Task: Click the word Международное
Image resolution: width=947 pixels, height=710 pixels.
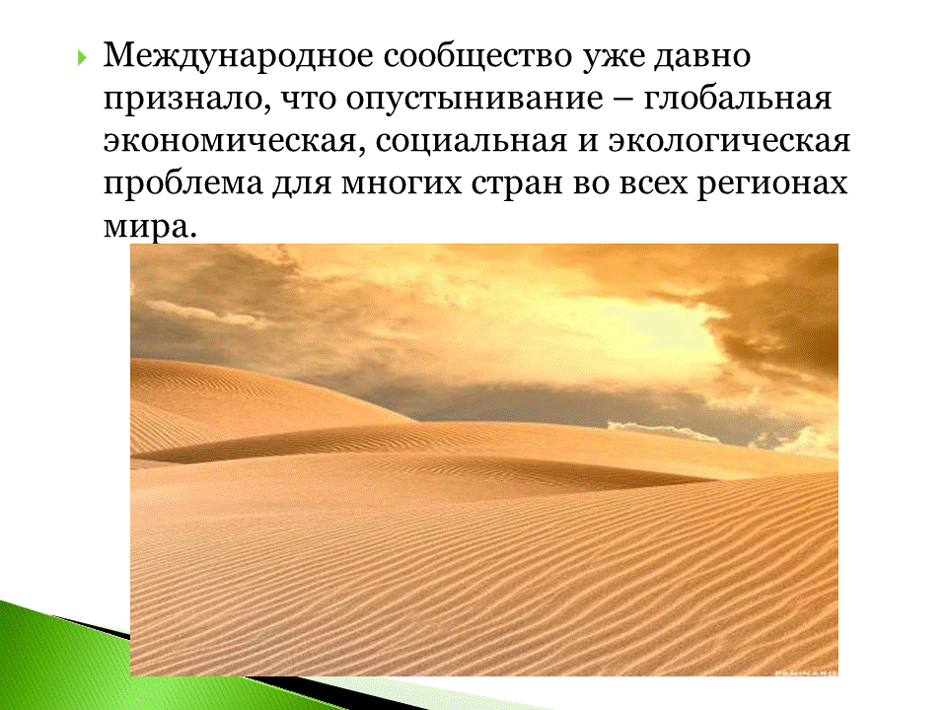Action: [238, 57]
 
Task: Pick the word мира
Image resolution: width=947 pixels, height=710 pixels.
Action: [145, 227]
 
